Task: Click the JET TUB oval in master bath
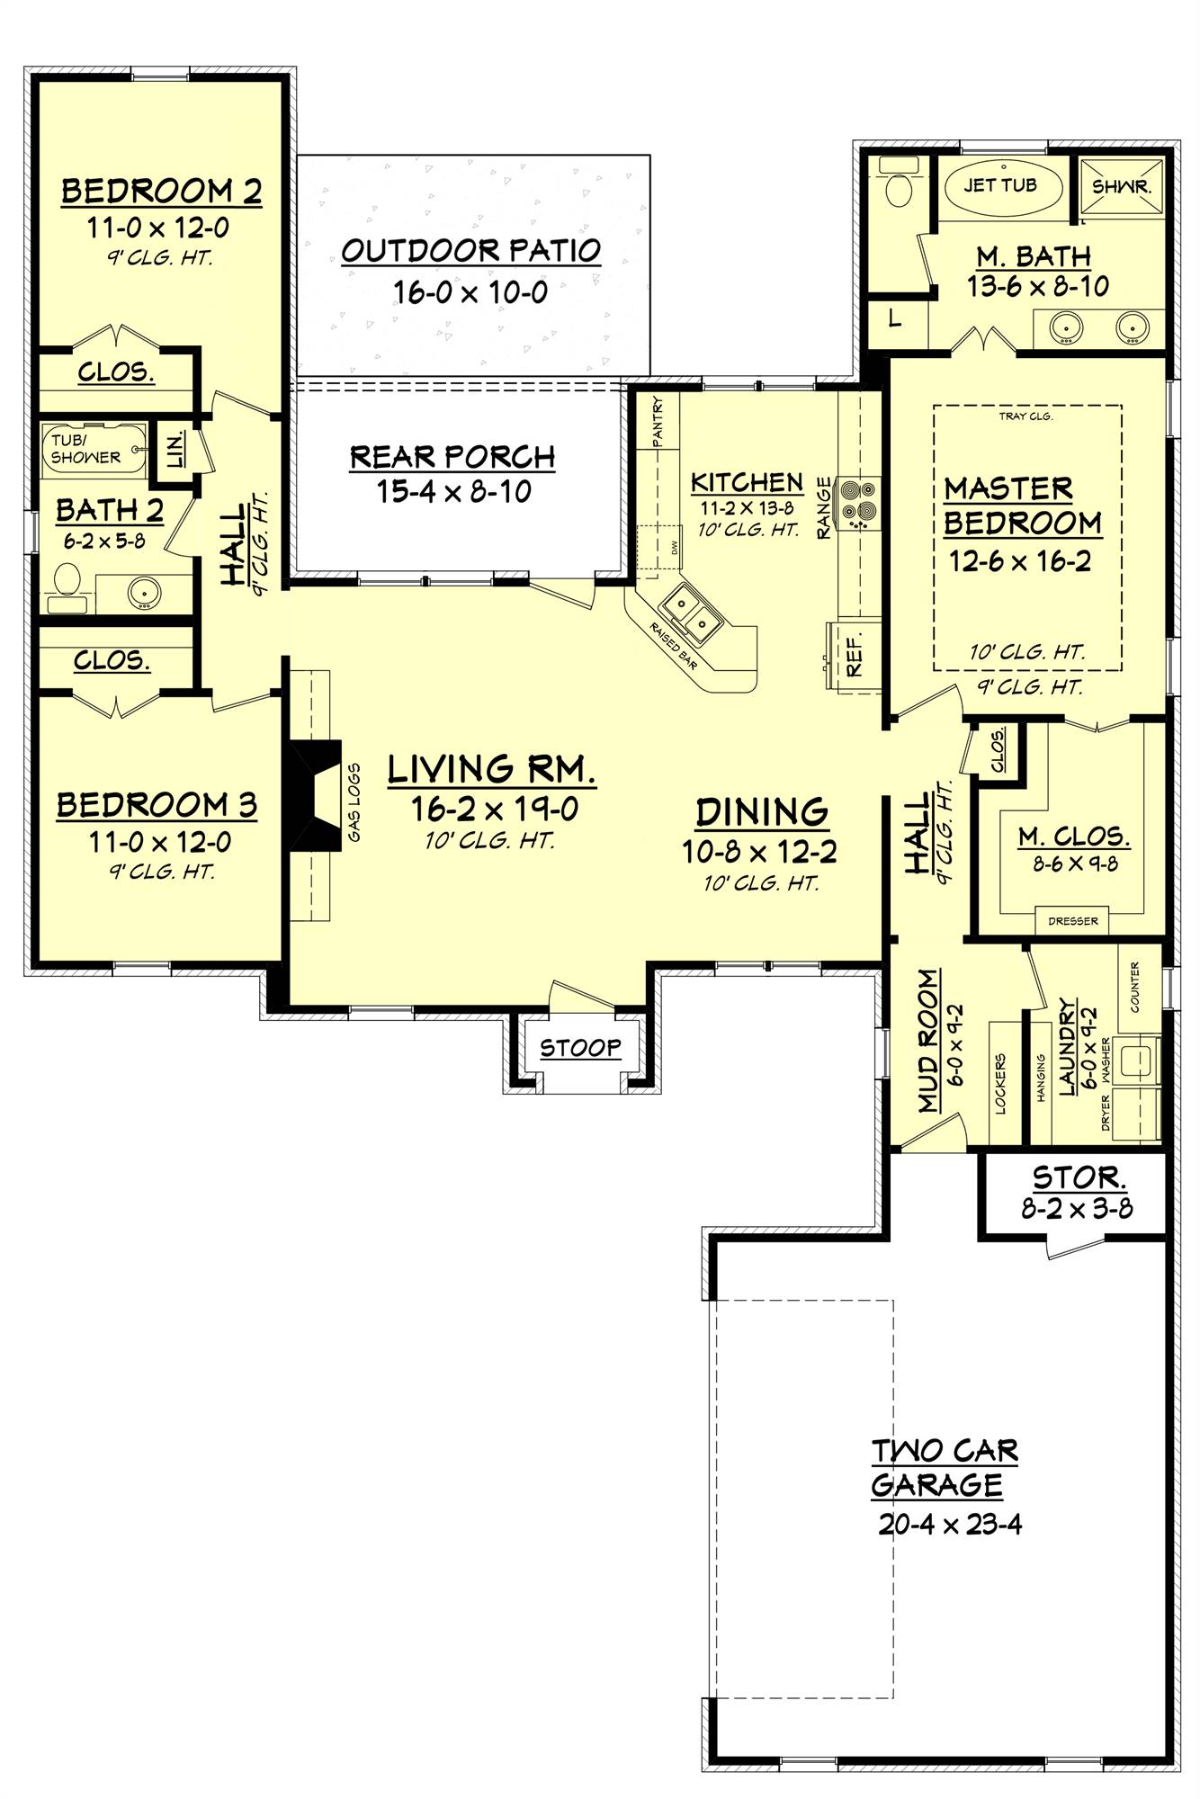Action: pos(1001,186)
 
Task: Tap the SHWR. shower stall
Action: pos(1121,187)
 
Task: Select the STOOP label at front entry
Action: pos(580,1047)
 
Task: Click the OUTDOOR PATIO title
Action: pos(470,251)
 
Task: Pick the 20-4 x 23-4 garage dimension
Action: pos(949,1525)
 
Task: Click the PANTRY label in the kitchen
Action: pos(658,421)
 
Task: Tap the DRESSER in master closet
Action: pos(1072,921)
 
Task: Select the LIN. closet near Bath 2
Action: pos(175,448)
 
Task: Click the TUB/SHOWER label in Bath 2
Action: pos(85,449)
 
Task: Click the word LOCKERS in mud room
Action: pos(1000,1083)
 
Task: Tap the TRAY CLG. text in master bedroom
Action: pos(1025,416)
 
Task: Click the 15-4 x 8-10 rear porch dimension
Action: pos(453,492)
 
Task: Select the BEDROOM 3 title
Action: pos(157,805)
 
